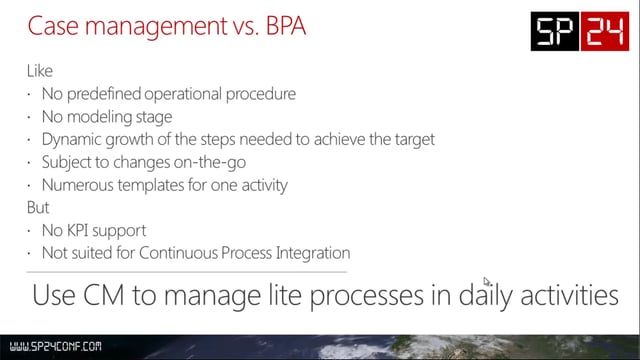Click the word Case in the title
51,27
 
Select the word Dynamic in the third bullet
71,139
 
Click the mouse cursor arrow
487,282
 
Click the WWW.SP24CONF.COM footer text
52,347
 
